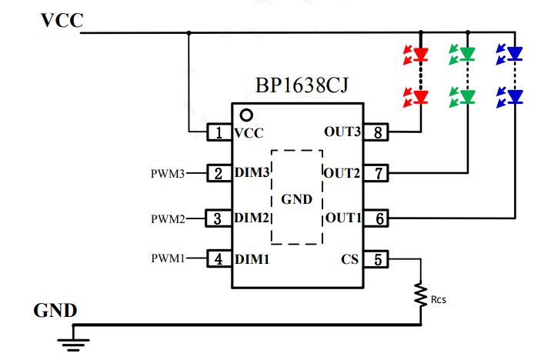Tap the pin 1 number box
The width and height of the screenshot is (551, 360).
[x=219, y=133]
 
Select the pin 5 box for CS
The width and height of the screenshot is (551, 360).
[x=377, y=259]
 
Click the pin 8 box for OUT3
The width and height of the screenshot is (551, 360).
[x=377, y=132]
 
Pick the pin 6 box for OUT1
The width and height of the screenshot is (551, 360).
[x=377, y=218]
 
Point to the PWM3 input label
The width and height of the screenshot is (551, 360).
[x=168, y=174]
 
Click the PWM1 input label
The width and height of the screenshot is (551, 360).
[x=168, y=259]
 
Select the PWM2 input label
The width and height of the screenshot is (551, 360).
[x=168, y=218]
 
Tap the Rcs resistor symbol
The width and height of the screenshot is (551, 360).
[x=421, y=295]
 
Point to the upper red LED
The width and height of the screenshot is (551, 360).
[x=420, y=55]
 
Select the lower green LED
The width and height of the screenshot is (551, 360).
[x=467, y=96]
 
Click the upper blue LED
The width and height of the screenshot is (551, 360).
[x=514, y=55]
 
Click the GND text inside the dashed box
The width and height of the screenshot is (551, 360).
[x=297, y=200]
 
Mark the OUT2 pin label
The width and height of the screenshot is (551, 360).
[x=342, y=174]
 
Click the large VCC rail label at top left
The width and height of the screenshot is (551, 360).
[x=62, y=21]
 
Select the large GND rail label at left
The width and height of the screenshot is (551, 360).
[x=55, y=311]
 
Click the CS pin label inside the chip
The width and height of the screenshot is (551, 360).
[x=350, y=260]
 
